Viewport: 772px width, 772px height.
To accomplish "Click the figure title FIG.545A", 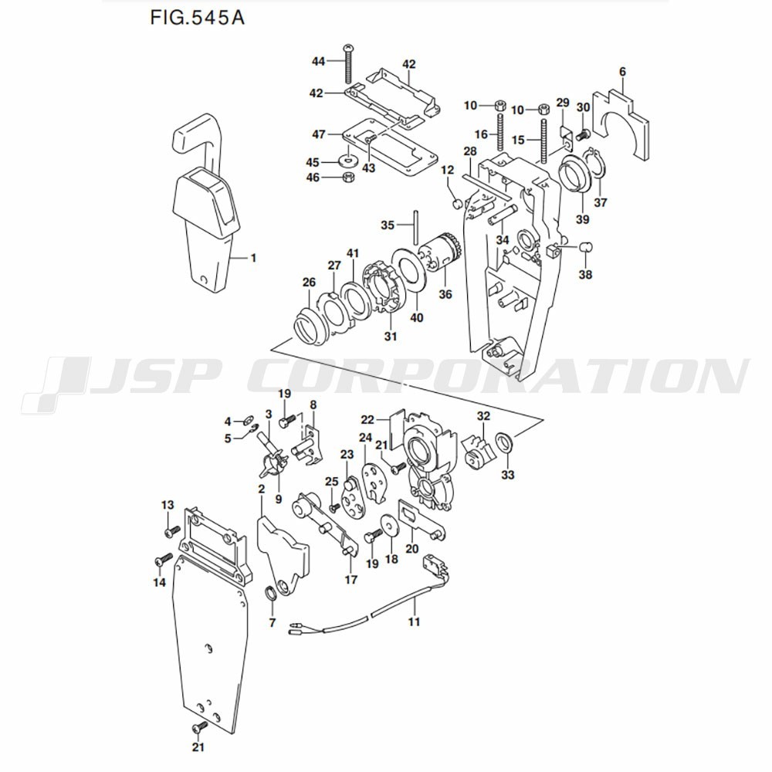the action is click(197, 18).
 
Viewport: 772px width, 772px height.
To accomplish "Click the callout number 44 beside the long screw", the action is click(319, 61).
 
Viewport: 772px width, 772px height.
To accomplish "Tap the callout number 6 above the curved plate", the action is click(622, 71).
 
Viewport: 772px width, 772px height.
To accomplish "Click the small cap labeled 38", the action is click(586, 246).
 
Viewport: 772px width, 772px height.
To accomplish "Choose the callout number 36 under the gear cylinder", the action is click(445, 294).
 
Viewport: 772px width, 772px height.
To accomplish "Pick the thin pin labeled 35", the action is click(416, 227).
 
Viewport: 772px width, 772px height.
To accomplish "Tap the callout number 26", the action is click(309, 282).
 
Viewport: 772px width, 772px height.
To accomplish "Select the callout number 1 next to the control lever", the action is click(253, 258).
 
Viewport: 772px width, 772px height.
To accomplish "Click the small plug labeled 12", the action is click(457, 203).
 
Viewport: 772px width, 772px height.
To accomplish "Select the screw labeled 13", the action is click(172, 532).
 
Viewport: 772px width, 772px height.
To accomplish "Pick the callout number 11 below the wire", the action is click(414, 621).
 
